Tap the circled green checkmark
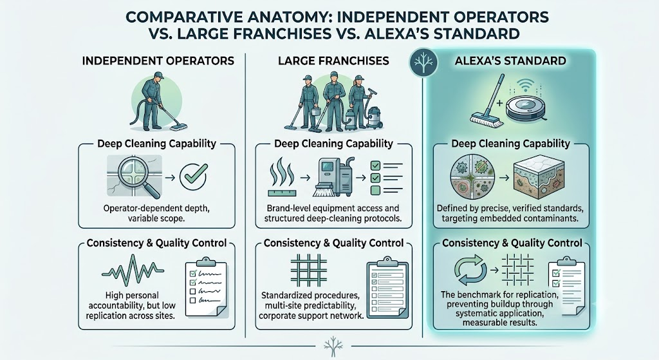point(193,177)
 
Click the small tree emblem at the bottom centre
point(333,344)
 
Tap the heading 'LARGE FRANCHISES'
point(333,61)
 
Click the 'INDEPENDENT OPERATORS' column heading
point(158,61)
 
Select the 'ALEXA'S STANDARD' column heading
point(510,61)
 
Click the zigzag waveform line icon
point(133,270)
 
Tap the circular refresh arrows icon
point(470,270)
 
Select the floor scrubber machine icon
point(335,178)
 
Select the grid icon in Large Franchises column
point(308,270)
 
